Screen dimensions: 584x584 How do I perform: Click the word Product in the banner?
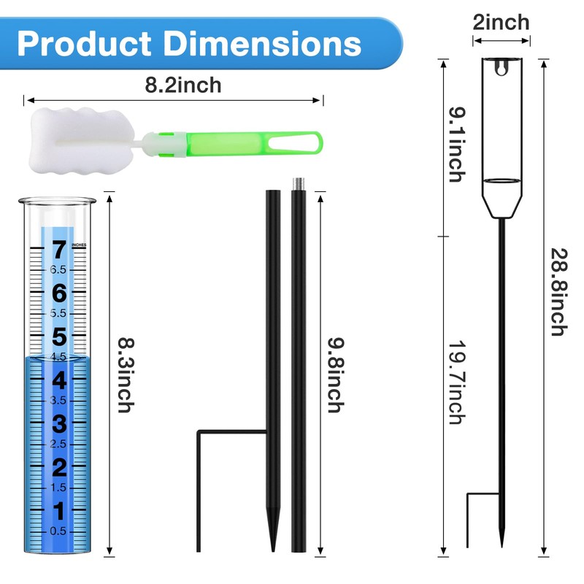click(84, 44)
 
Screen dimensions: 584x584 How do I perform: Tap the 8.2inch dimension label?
click(183, 85)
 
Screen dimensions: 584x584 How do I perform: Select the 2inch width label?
click(501, 23)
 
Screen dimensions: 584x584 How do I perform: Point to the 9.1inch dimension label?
click(458, 145)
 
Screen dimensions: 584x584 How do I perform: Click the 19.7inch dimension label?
click(458, 382)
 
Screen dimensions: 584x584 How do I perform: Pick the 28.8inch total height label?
click(559, 292)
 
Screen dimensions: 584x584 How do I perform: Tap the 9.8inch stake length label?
click(336, 375)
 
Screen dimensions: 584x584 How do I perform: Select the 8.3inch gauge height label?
click(126, 375)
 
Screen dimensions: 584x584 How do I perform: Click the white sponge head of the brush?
click(80, 141)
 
